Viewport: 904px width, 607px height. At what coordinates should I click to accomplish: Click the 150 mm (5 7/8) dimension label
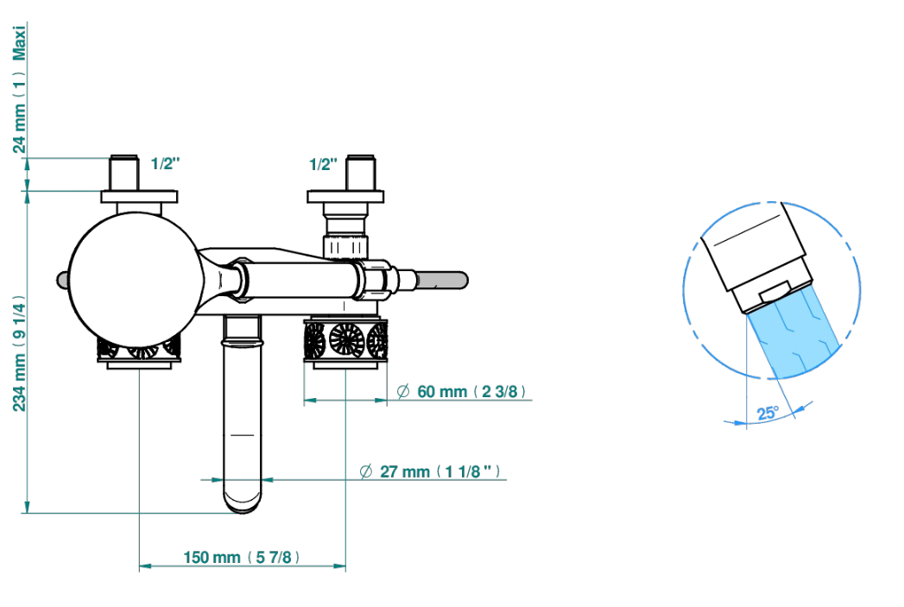pyautogui.click(x=242, y=558)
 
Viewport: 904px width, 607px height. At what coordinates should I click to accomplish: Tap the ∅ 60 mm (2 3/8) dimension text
pyautogui.click(x=461, y=392)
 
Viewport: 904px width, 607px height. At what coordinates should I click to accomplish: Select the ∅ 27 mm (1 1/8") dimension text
pyautogui.click(x=429, y=471)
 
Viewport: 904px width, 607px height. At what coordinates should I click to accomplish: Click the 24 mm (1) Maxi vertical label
pyautogui.click(x=20, y=89)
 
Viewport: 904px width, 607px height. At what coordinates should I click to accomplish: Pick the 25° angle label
pyautogui.click(x=768, y=413)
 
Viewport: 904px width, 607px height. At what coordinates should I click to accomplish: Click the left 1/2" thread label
pyautogui.click(x=165, y=164)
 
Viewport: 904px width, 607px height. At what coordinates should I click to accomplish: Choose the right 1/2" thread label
pyautogui.click(x=323, y=164)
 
